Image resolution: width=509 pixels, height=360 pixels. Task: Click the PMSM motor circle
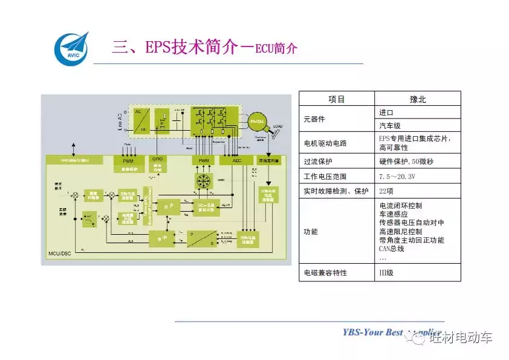(257, 122)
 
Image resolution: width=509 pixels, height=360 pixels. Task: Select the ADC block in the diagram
(228, 160)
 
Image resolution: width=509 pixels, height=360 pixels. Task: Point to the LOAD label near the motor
(277, 126)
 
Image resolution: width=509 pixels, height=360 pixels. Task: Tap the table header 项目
(337, 99)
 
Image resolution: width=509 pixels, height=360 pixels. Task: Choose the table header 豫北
(418, 99)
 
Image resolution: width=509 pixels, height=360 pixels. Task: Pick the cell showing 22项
(386, 192)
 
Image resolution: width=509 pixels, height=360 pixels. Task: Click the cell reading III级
(386, 273)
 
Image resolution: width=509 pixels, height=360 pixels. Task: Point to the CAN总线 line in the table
(392, 248)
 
